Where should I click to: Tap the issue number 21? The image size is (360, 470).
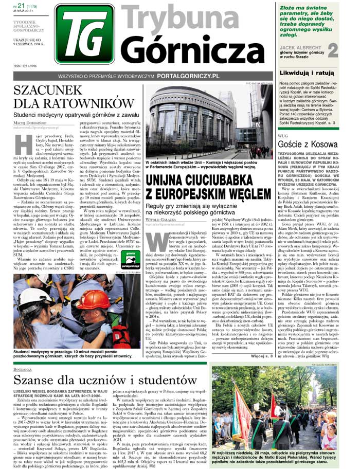tap(21, 6)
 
